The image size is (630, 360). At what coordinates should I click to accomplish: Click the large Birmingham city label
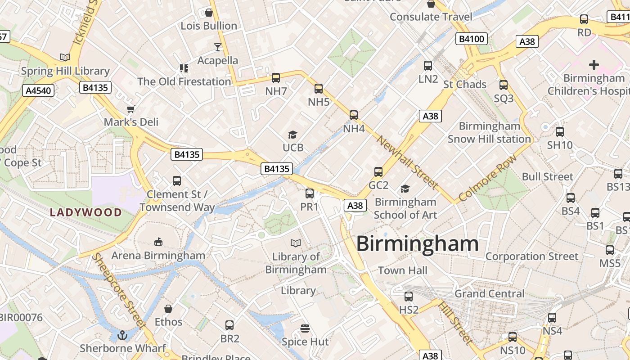pos(417,244)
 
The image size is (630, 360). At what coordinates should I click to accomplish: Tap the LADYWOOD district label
pos(85,212)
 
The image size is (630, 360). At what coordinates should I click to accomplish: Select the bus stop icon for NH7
pos(276,78)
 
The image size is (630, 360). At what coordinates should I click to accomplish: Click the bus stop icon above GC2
pos(378,172)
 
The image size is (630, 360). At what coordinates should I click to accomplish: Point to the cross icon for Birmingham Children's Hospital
pos(594,65)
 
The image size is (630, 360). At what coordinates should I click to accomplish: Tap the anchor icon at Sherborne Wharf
pos(122,335)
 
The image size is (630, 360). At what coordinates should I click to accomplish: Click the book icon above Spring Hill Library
pos(65,57)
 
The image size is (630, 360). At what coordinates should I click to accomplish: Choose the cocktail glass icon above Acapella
pos(218,47)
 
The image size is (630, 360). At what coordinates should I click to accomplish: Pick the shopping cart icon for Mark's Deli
pos(131,109)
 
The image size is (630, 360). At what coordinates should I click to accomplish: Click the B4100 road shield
pos(472,39)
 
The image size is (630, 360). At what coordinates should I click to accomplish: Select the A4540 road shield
pos(38,90)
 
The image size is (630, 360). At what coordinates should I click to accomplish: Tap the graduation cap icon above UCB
pos(293,135)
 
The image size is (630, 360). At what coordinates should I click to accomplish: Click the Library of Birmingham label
pos(296,263)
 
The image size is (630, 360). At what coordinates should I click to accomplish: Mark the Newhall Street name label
pos(407,162)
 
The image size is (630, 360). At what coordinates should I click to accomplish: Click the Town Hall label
pos(402,270)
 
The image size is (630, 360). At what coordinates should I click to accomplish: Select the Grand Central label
pos(490,294)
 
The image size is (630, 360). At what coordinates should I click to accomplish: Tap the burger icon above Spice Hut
pos(305,328)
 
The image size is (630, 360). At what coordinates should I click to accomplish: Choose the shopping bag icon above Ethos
pos(168,309)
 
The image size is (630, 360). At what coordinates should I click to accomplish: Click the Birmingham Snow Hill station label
pos(489,132)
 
